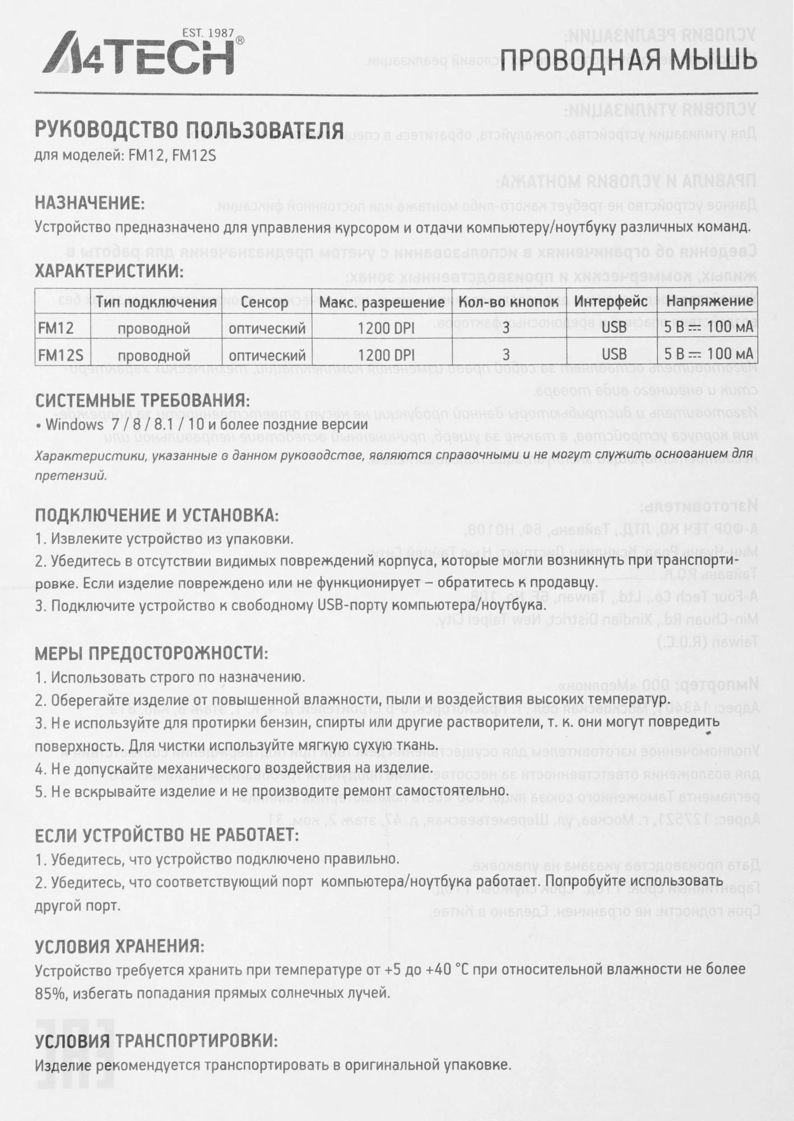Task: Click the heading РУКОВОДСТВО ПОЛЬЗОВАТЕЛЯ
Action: click(x=189, y=131)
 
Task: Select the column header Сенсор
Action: click(x=265, y=302)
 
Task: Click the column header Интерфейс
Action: click(x=611, y=302)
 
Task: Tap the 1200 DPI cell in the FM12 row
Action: click(x=386, y=328)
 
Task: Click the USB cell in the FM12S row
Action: click(x=614, y=355)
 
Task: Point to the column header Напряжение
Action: click(x=709, y=301)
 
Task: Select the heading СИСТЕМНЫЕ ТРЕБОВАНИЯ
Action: click(x=142, y=401)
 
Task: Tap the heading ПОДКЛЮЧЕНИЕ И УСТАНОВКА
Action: click(x=156, y=515)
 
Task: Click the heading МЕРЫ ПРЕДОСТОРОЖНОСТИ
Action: click(x=151, y=653)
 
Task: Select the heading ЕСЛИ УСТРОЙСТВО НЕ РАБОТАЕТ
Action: click(x=166, y=835)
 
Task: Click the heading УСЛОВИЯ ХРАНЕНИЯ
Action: click(x=119, y=947)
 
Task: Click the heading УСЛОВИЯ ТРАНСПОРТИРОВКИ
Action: click(x=156, y=1041)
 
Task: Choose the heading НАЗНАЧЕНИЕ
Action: click(x=90, y=202)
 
